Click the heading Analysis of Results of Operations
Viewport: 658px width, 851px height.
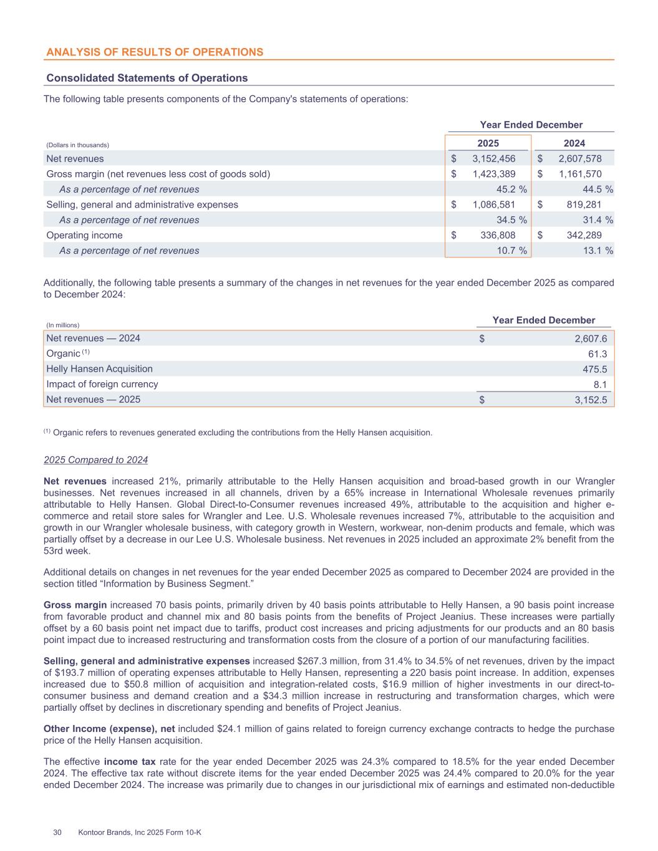point(154,52)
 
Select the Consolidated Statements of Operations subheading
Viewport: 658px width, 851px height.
point(147,78)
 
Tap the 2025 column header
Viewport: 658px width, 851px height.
point(488,143)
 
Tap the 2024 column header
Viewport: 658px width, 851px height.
point(574,143)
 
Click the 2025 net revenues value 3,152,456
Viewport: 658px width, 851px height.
point(494,159)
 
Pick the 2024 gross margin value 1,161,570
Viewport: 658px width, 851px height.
point(580,174)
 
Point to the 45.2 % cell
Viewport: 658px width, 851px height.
point(511,190)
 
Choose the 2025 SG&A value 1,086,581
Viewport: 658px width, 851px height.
point(494,204)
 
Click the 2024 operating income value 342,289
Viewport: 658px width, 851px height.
point(584,235)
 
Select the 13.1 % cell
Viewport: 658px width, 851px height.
point(598,251)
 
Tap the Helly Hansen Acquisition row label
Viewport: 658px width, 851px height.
point(100,368)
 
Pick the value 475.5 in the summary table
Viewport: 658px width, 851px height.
point(593,368)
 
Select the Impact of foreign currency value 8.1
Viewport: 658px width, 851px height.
point(600,384)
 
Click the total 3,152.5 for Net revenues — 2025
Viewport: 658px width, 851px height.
point(591,400)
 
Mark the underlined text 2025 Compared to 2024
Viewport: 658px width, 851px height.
point(95,460)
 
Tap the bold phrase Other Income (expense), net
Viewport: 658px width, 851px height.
point(109,729)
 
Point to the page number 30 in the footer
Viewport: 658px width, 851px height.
point(57,832)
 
